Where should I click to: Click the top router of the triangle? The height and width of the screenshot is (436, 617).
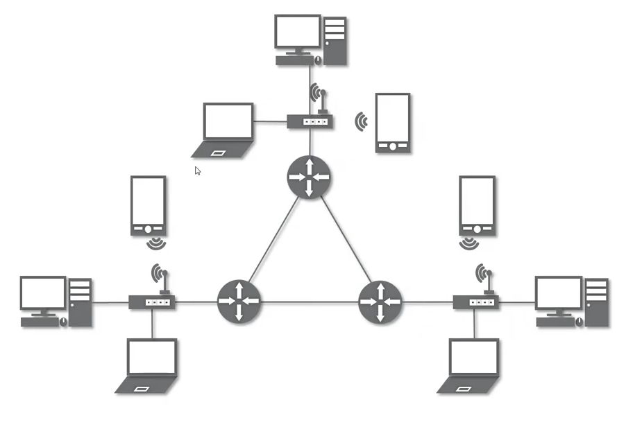click(x=309, y=177)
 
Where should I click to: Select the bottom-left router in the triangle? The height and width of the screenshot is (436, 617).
click(x=239, y=302)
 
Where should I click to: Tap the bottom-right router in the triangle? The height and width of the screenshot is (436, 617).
click(x=380, y=302)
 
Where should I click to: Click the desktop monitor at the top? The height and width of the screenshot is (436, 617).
click(x=298, y=33)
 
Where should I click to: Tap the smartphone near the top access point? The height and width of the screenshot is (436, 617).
click(x=393, y=123)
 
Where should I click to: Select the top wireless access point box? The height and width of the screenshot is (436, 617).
click(x=310, y=122)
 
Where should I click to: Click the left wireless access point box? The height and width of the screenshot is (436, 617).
click(x=151, y=302)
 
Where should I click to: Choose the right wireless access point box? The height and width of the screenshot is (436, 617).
click(x=476, y=302)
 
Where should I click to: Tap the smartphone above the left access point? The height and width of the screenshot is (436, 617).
click(x=148, y=205)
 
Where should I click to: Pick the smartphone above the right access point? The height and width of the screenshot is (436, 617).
click(x=477, y=205)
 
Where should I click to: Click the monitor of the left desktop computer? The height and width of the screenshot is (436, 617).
click(x=43, y=293)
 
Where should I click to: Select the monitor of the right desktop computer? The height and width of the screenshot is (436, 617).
click(x=559, y=293)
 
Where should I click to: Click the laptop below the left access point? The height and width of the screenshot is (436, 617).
click(x=149, y=364)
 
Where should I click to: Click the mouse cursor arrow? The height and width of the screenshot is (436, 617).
click(x=198, y=171)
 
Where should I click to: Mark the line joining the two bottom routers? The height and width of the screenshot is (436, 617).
click(x=310, y=302)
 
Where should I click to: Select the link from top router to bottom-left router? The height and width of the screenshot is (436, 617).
click(x=273, y=240)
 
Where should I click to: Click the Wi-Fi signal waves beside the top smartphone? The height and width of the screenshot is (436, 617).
click(x=361, y=122)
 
